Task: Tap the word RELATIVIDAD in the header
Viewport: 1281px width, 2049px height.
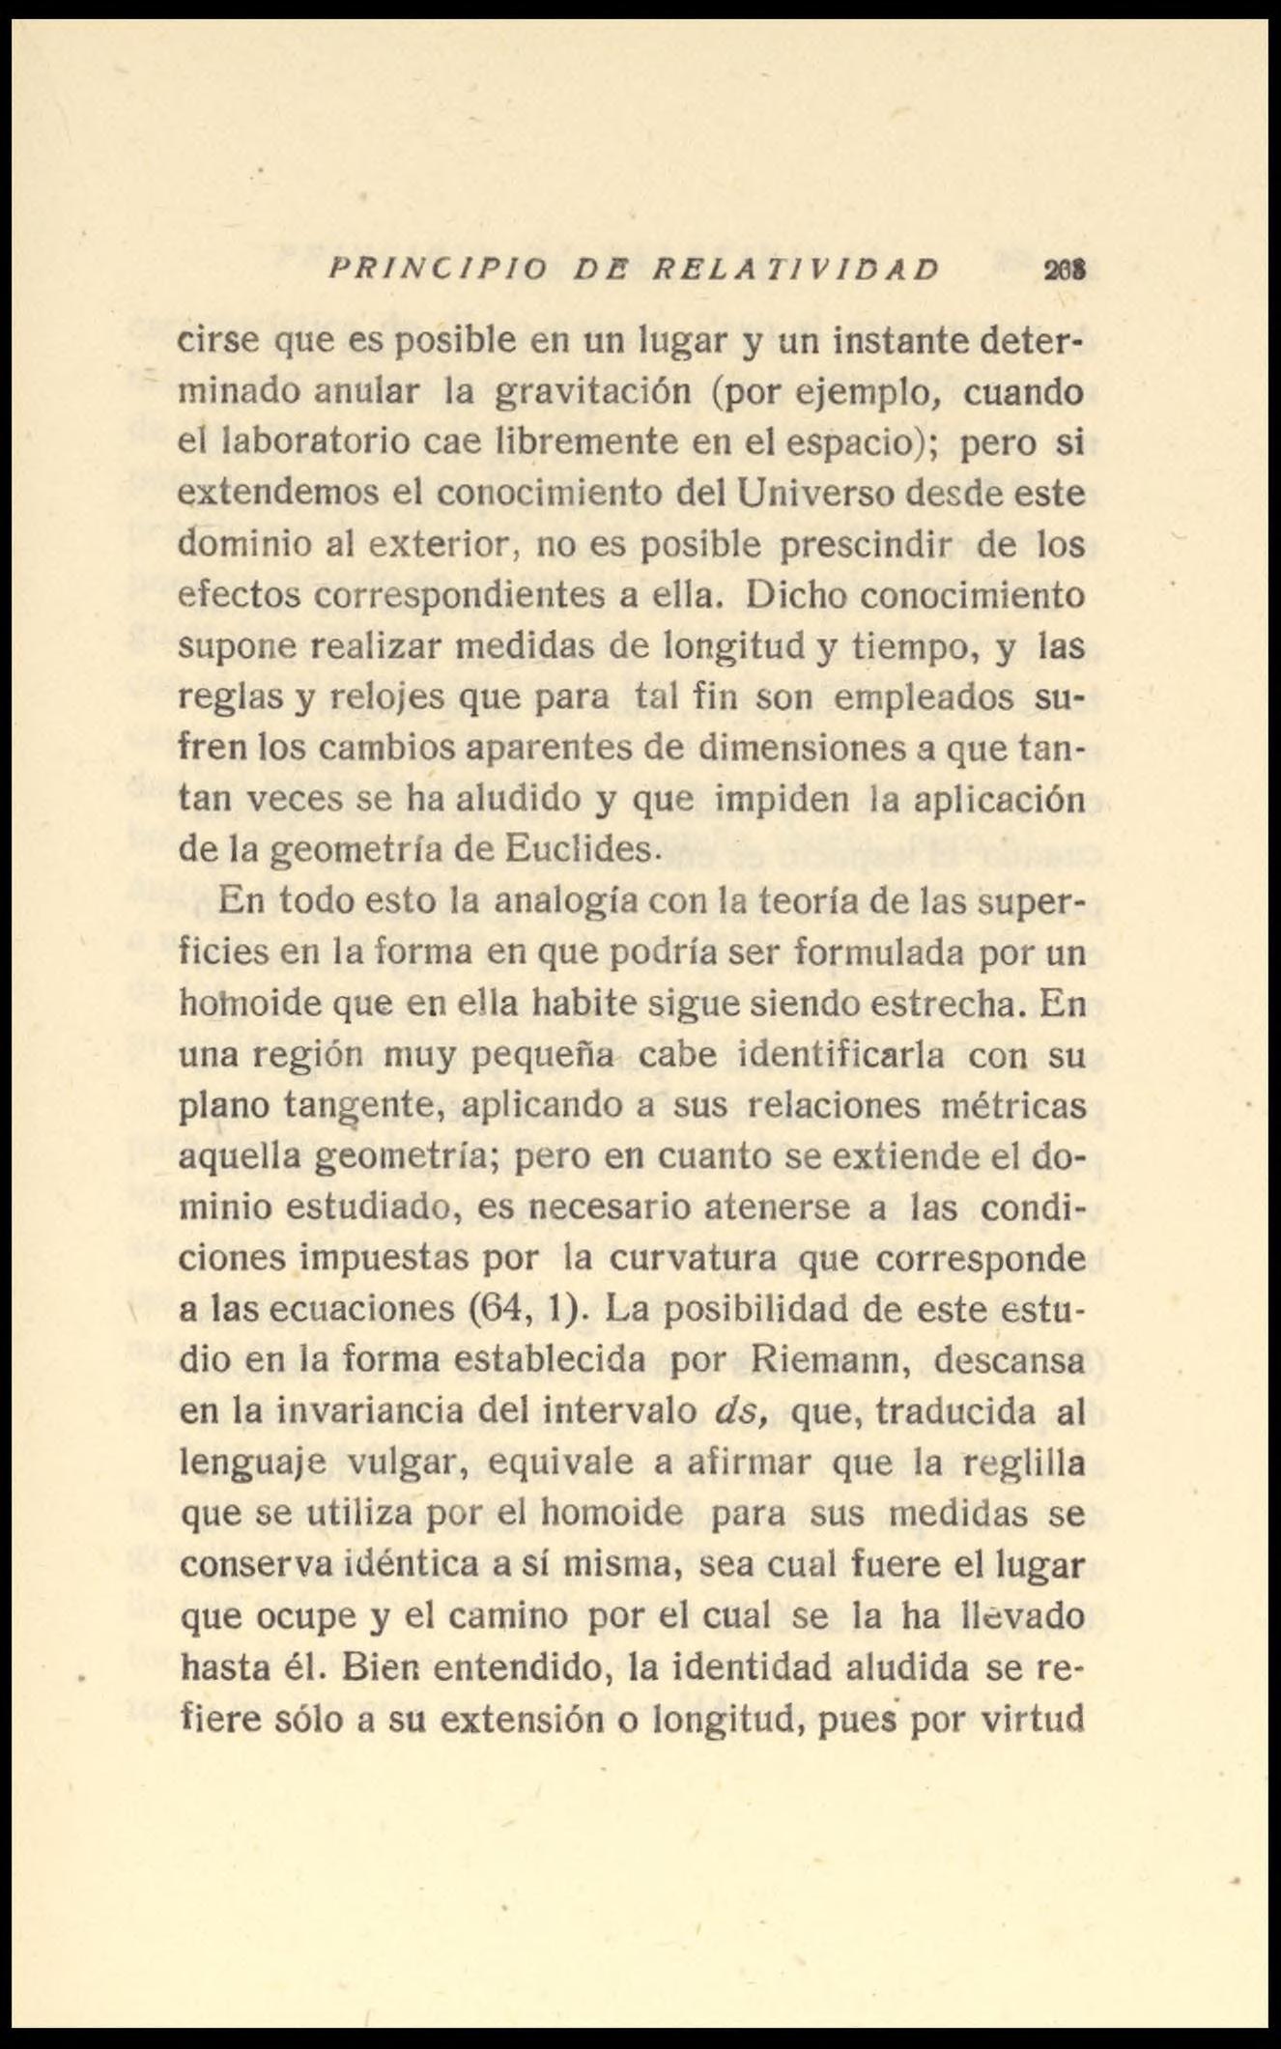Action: point(795,269)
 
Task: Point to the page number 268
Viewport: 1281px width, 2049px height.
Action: point(1065,270)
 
